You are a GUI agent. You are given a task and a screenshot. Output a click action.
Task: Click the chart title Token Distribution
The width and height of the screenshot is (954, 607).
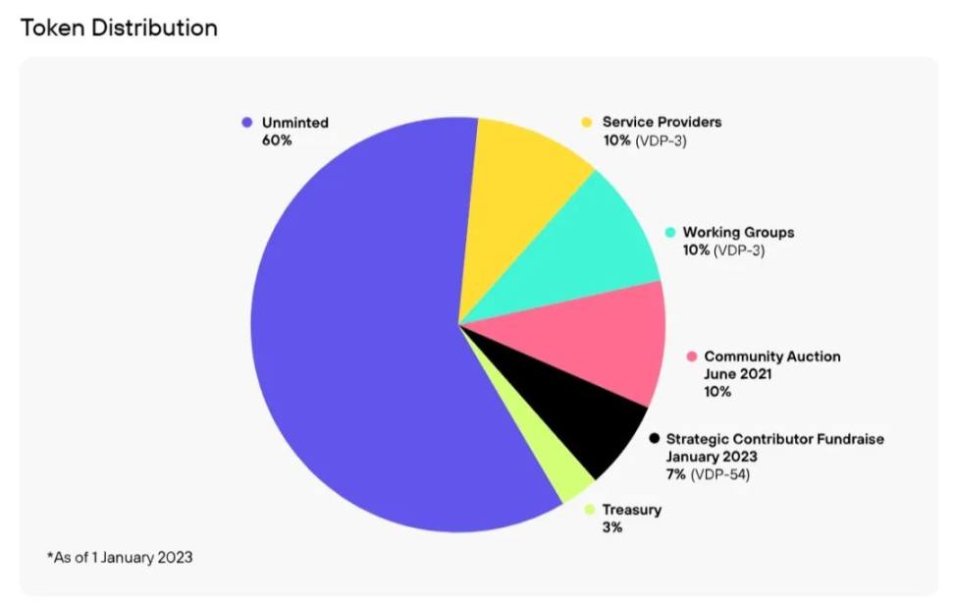tap(119, 28)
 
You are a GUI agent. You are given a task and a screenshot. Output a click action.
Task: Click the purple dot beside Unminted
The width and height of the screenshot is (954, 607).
tap(247, 123)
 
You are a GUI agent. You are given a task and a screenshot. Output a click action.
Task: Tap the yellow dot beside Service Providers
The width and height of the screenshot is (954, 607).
tap(587, 122)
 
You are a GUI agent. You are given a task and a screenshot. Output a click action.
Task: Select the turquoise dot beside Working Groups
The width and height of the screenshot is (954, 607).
tap(669, 233)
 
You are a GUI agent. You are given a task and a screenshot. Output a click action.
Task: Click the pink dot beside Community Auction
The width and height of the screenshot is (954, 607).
tap(691, 357)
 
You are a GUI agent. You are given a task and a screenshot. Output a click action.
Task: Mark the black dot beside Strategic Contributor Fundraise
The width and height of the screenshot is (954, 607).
tap(654, 439)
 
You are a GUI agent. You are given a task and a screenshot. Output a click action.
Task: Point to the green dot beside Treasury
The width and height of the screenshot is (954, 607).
tap(589, 510)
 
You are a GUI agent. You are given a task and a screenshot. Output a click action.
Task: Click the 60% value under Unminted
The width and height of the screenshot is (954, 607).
tap(277, 140)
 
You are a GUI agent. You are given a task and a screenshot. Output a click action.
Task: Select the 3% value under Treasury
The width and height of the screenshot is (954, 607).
tap(612, 527)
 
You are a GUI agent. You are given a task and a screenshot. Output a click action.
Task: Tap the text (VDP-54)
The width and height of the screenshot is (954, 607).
tap(721, 474)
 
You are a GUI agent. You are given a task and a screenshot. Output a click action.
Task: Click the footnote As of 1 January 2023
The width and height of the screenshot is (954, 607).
tap(120, 557)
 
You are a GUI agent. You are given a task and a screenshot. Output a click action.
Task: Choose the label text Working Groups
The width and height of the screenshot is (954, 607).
tap(738, 233)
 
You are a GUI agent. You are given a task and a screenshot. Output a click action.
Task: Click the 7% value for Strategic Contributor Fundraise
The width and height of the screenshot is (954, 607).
tap(677, 474)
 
